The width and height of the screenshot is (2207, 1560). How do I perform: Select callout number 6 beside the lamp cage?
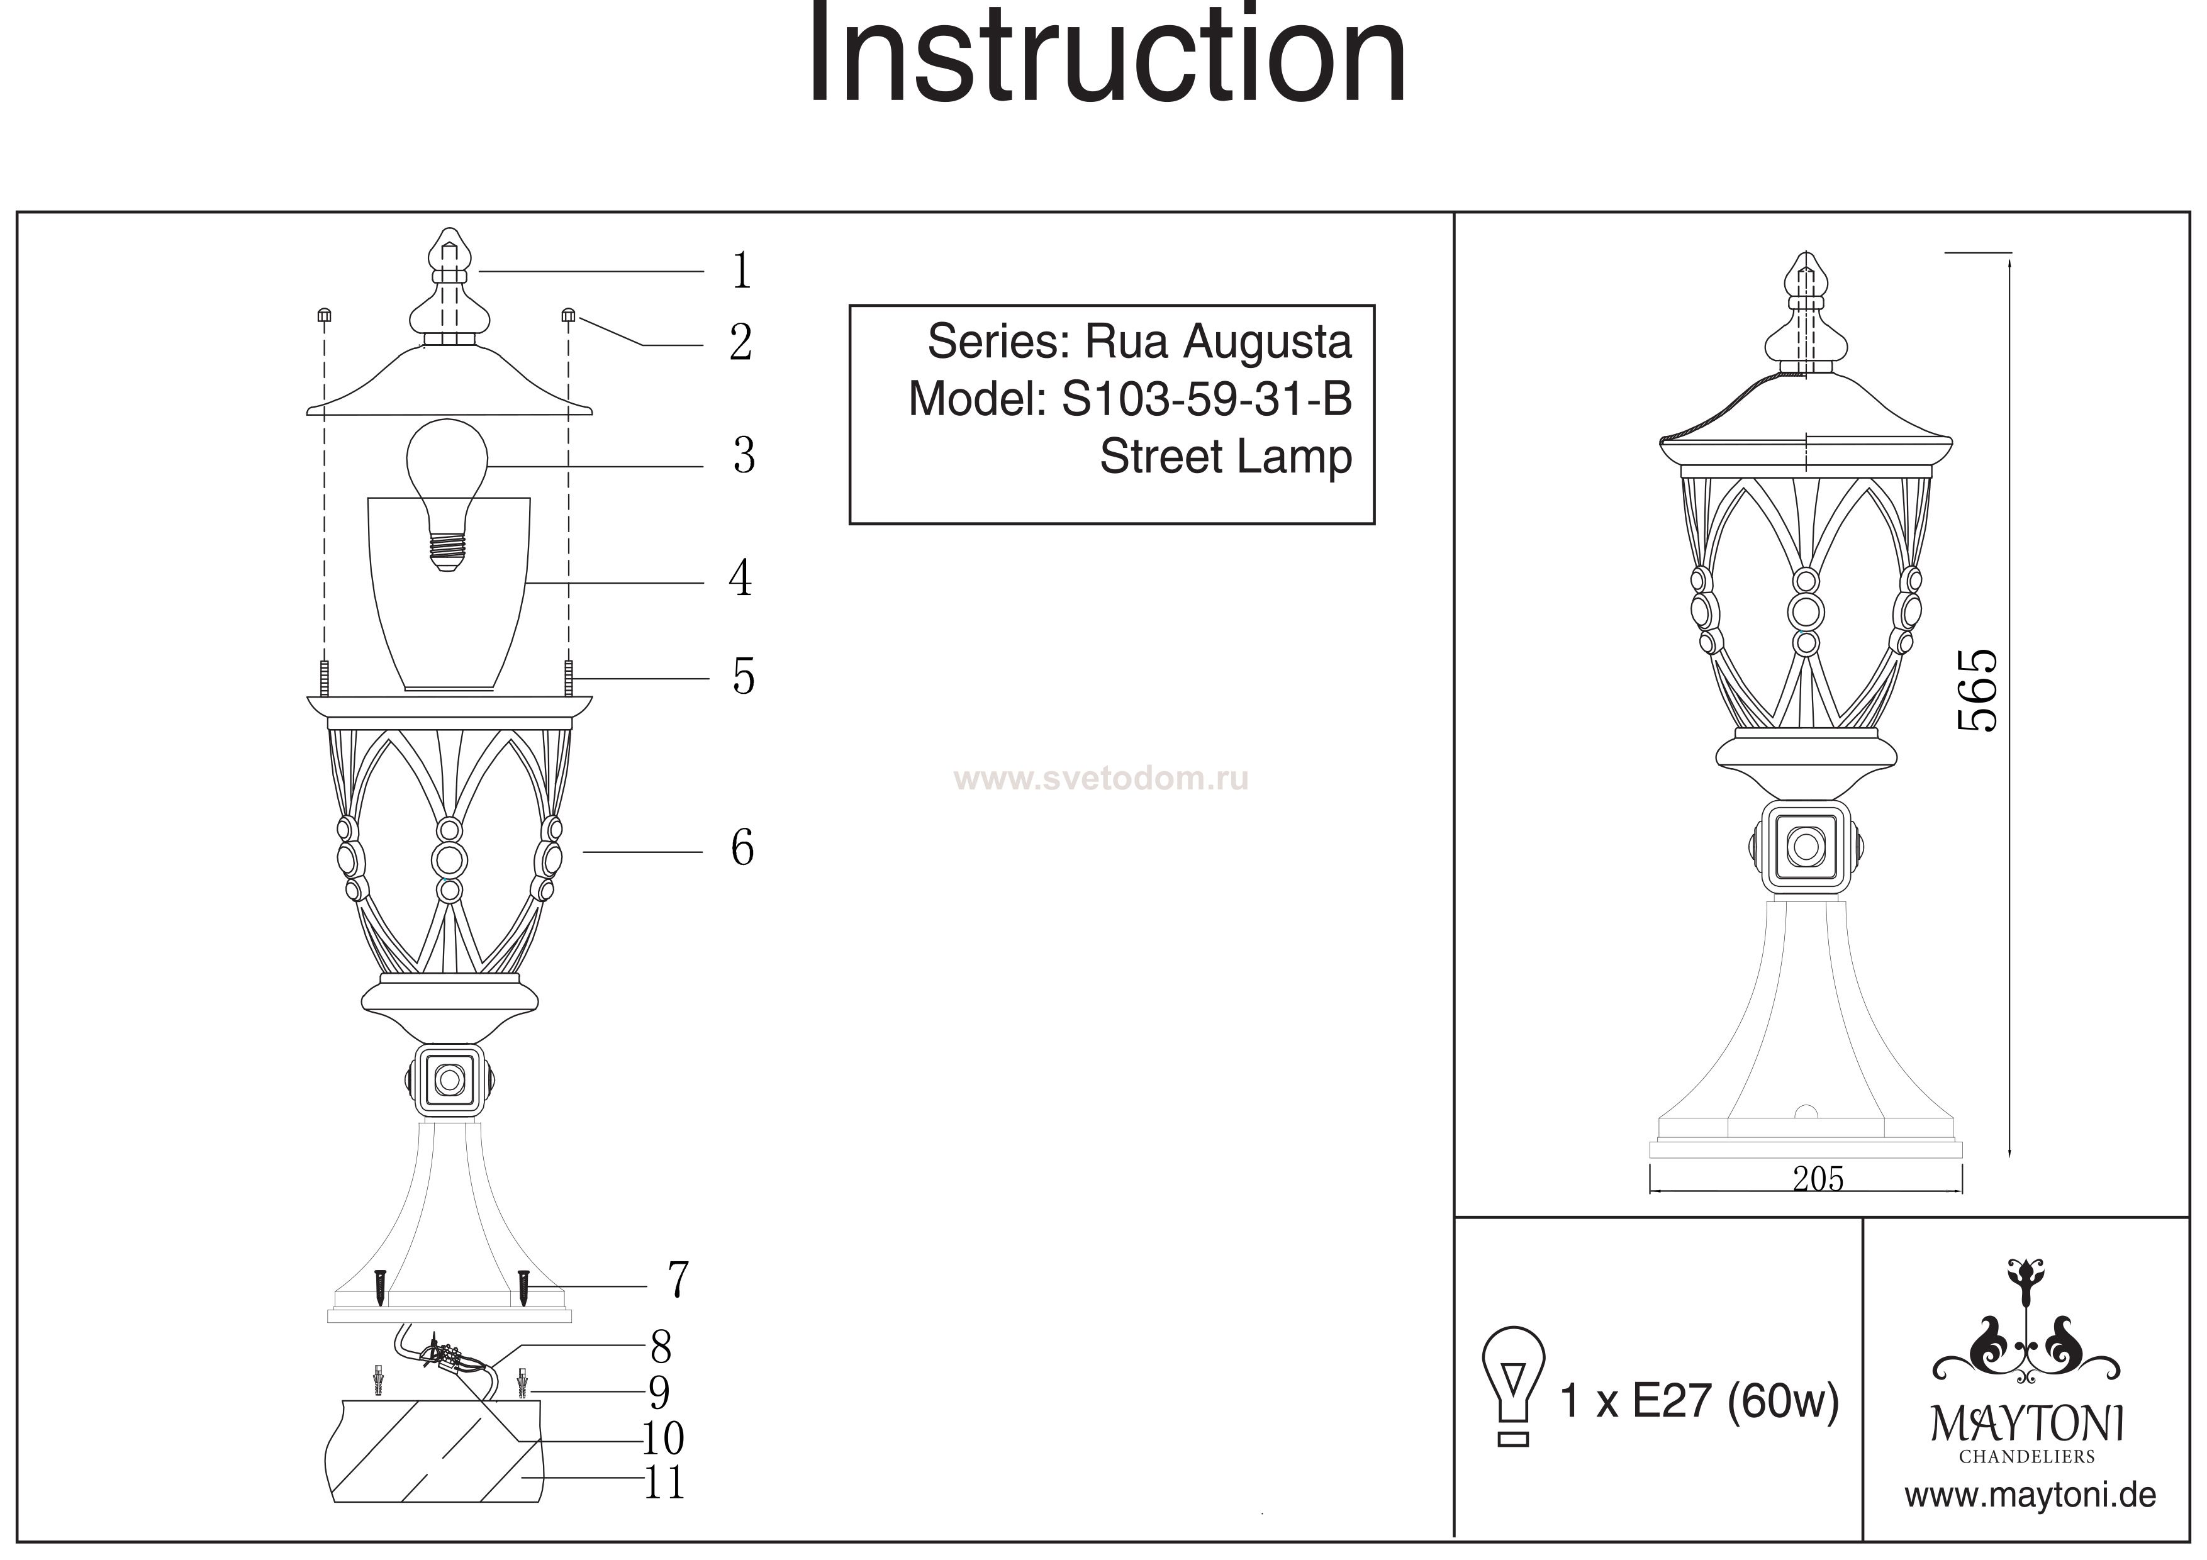click(742, 848)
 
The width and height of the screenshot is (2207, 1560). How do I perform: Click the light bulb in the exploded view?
click(446, 486)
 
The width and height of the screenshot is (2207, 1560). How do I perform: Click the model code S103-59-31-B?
click(1206, 399)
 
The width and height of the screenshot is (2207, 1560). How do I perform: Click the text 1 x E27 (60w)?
click(1699, 1401)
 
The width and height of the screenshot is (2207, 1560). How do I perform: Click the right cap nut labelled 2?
click(568, 315)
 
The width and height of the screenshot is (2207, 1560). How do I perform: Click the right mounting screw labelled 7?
click(524, 1286)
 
